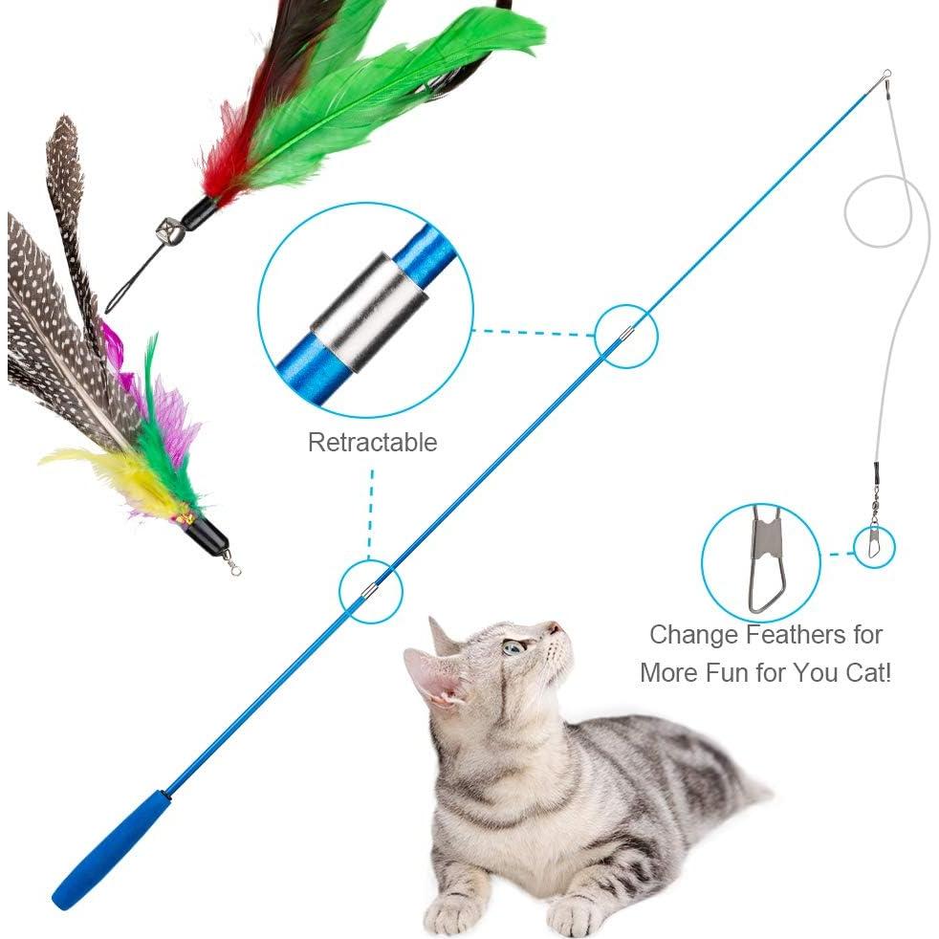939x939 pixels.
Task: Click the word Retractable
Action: [372, 443]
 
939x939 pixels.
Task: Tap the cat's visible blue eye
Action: [514, 647]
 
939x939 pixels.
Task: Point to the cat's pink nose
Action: [553, 629]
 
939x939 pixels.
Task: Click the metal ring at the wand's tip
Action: [886, 74]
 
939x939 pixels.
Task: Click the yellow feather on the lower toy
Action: [115, 469]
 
